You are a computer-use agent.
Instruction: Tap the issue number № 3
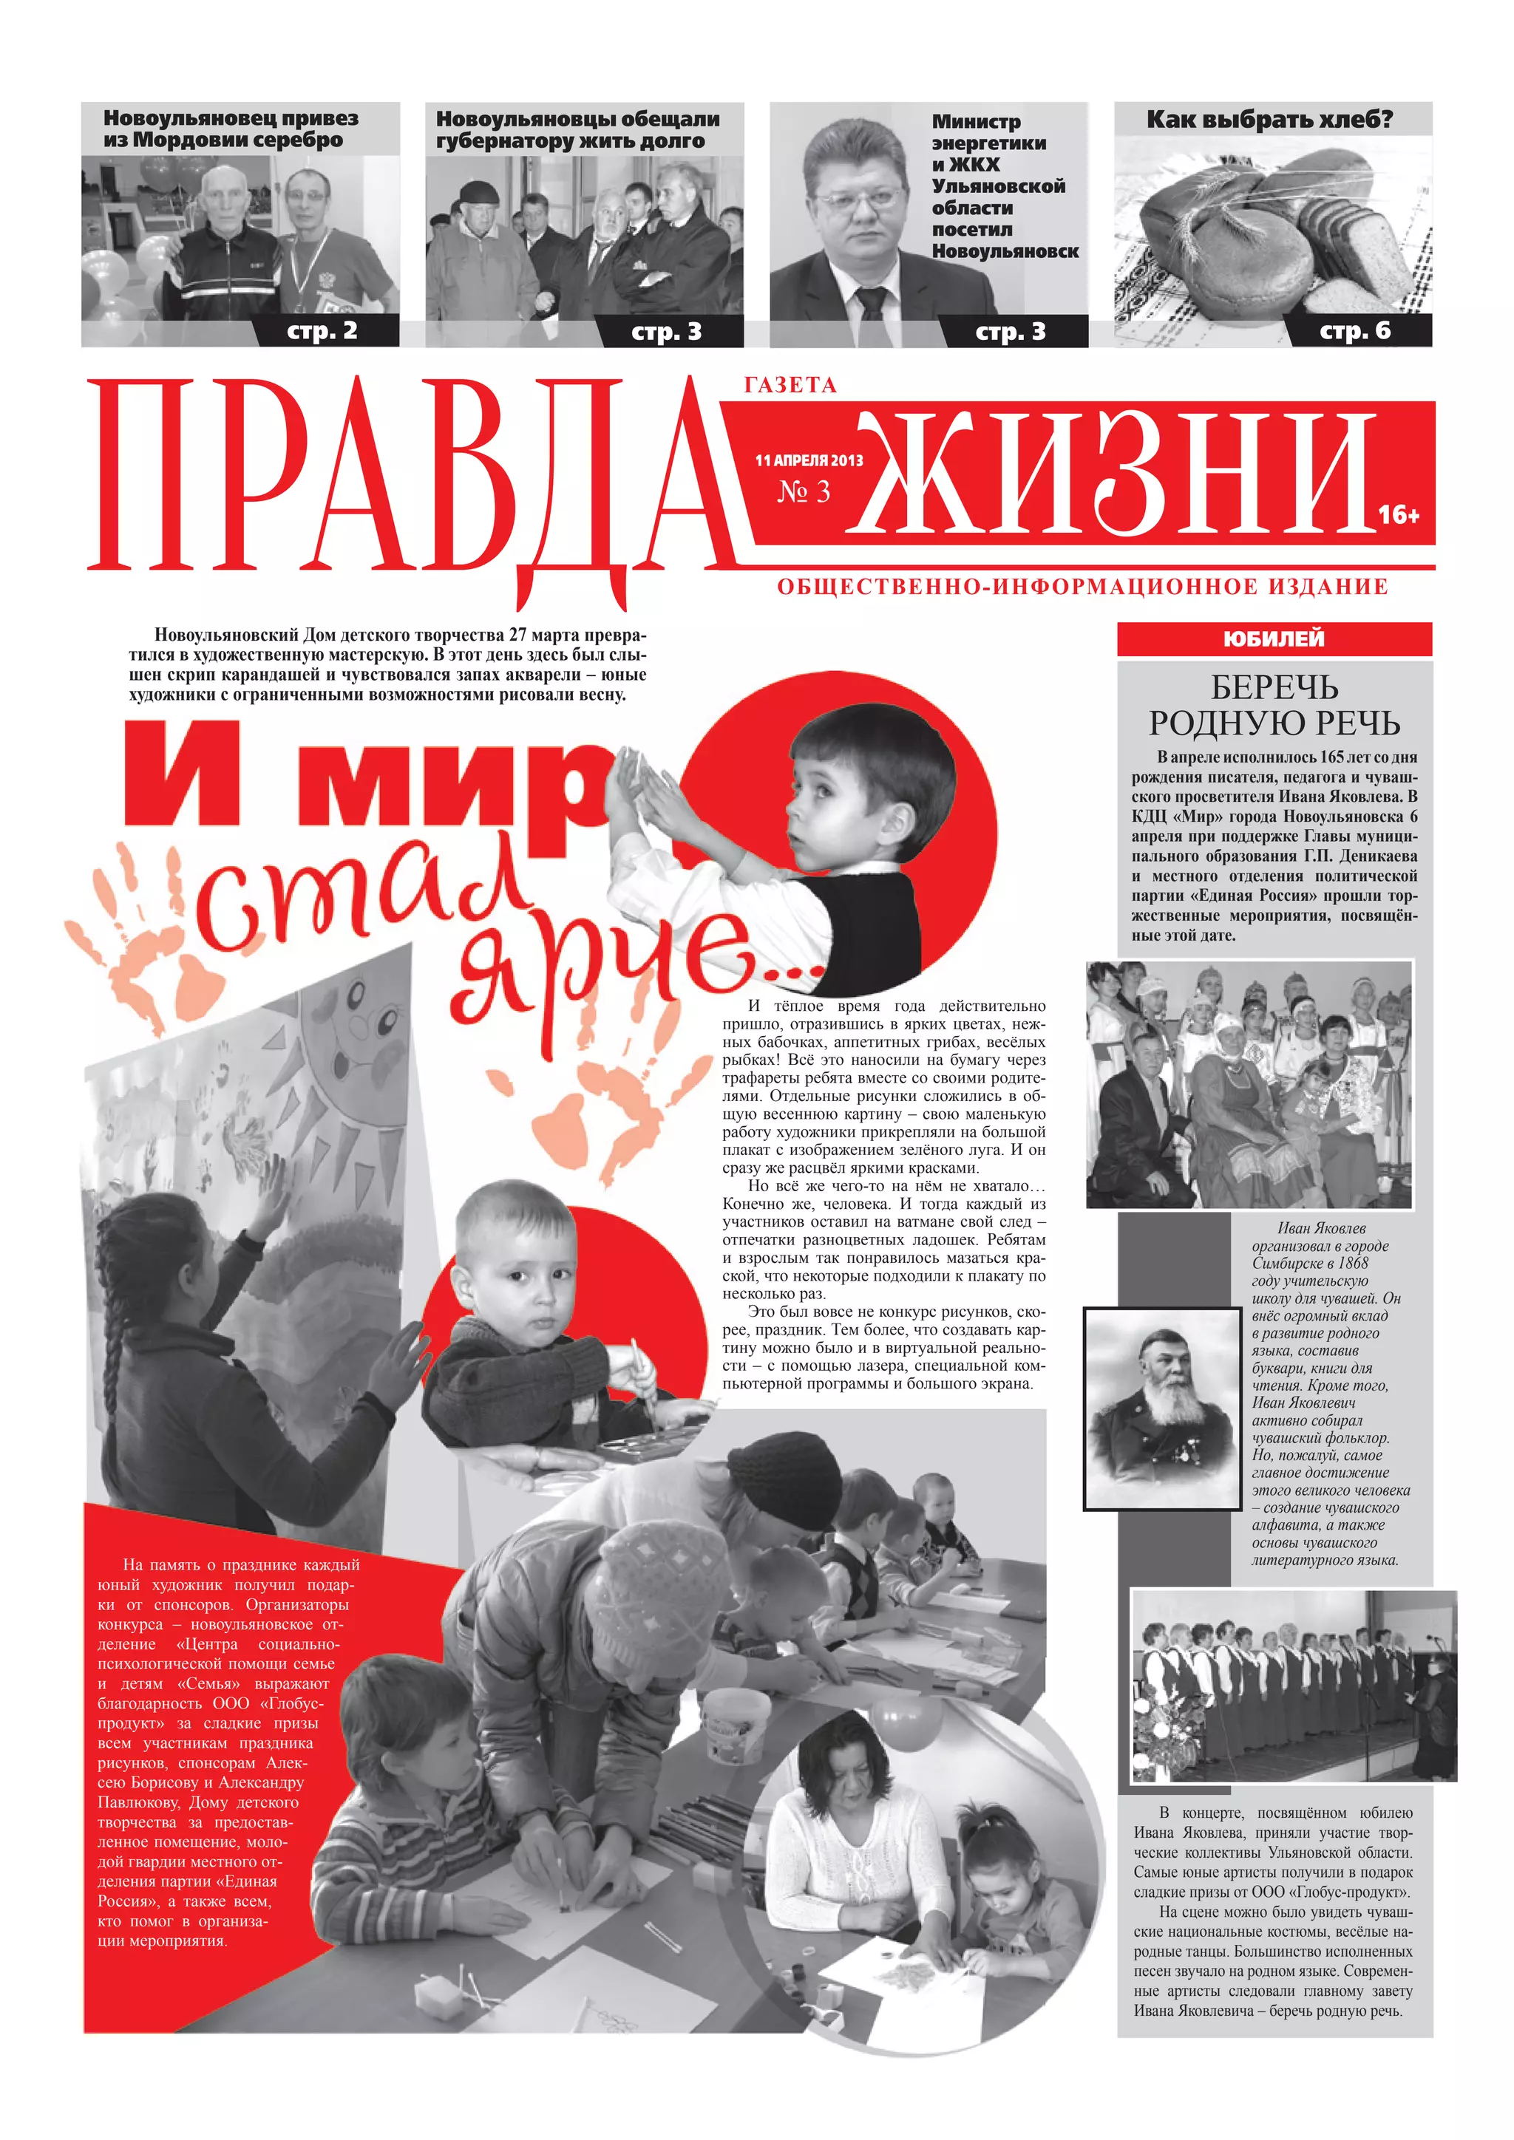tap(804, 491)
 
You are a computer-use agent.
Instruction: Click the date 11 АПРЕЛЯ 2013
tap(808, 460)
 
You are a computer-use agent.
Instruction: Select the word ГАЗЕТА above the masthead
tap(790, 385)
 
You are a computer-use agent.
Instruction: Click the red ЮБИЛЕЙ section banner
tap(1274, 638)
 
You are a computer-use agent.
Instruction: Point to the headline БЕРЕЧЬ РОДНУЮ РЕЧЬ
tap(1274, 705)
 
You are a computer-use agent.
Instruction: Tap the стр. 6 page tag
tap(1354, 330)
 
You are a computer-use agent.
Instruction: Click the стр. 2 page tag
tap(322, 330)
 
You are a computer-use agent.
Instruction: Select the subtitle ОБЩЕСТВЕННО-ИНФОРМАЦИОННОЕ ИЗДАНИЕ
tap(1082, 587)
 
